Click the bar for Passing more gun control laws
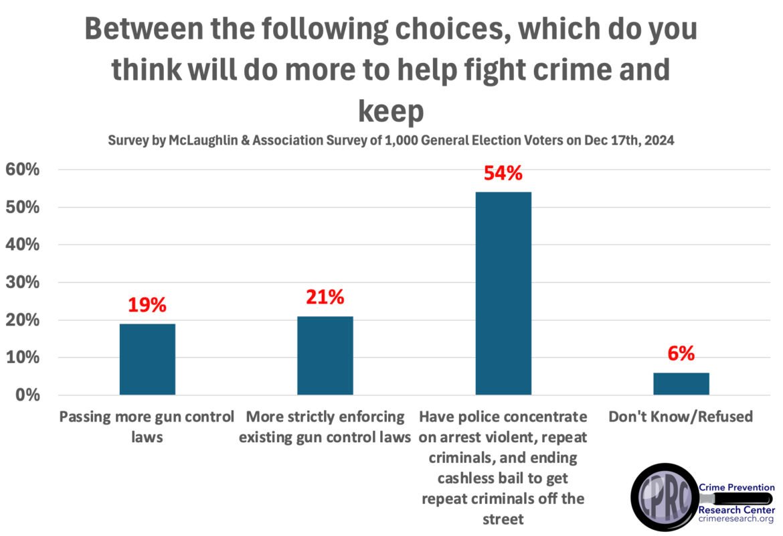147,359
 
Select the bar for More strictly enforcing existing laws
325,355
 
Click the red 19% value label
147,305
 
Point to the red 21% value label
325,296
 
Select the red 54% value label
503,173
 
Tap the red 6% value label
681,353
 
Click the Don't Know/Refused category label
681,417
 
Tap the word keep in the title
391,111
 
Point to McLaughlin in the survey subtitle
203,142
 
